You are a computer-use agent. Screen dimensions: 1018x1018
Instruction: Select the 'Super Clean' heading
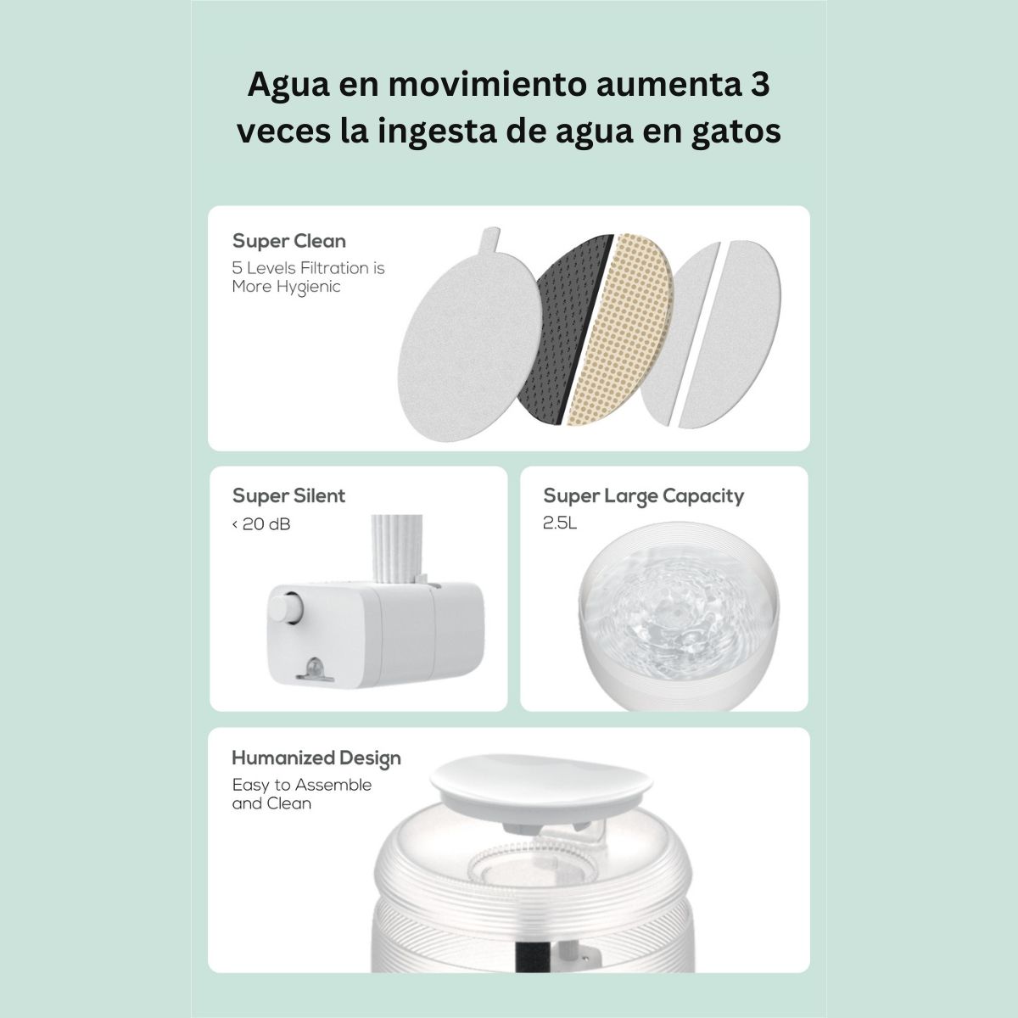click(289, 241)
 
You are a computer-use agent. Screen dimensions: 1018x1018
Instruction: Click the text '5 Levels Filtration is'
click(308, 268)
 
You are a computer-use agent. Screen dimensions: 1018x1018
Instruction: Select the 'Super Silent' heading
click(288, 495)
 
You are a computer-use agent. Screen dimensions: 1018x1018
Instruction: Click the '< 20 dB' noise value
click(261, 524)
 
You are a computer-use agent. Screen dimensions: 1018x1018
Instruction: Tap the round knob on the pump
click(285, 611)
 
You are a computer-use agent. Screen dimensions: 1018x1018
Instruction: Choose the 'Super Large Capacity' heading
click(643, 495)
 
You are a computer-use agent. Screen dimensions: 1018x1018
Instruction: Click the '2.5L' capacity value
click(560, 523)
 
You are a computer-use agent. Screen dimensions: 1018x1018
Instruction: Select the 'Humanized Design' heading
click(316, 758)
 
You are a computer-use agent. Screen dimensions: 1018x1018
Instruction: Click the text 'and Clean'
click(271, 803)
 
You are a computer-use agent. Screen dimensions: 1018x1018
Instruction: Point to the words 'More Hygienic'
click(286, 287)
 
